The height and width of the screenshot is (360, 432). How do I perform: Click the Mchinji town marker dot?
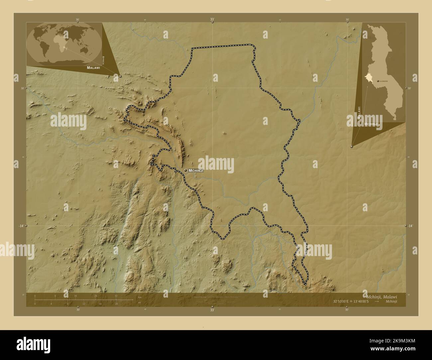(x=185, y=170)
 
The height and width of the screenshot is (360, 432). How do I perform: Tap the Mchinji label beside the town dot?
(x=196, y=170)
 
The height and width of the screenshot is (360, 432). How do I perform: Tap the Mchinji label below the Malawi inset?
(x=371, y=124)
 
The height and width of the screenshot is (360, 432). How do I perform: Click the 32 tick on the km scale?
(x=116, y=296)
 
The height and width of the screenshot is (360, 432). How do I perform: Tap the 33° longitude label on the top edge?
(x=212, y=20)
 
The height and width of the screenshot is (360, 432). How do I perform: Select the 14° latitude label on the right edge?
(x=410, y=226)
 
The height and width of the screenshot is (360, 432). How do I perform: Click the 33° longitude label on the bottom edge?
(x=212, y=310)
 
